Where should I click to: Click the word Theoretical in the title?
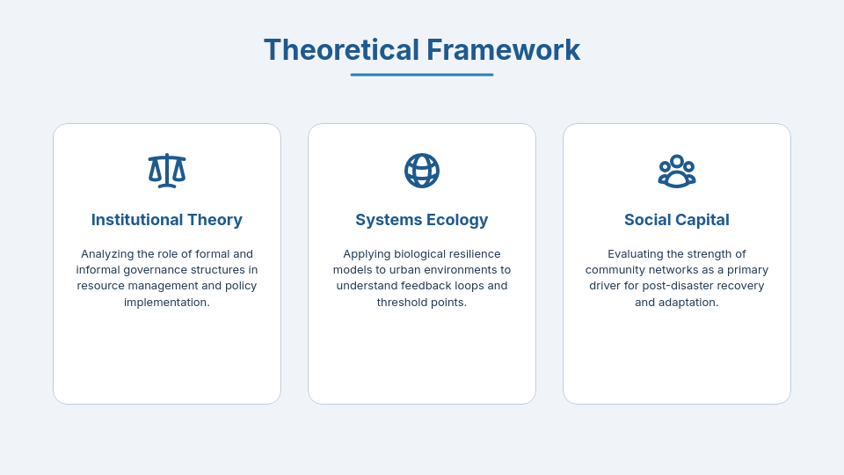tap(341, 50)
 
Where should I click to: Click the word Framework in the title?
tap(503, 50)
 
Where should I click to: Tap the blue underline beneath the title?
tap(422, 75)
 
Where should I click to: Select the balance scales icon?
tap(167, 171)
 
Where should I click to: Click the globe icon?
tap(422, 171)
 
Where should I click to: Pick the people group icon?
tap(677, 171)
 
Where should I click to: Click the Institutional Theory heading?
tap(167, 220)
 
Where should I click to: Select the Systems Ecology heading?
tap(422, 220)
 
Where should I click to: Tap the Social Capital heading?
tap(677, 220)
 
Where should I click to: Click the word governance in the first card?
tap(150, 270)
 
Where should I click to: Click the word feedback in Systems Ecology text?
tap(437, 286)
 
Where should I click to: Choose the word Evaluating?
tap(639, 254)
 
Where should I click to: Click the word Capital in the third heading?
tap(702, 220)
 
